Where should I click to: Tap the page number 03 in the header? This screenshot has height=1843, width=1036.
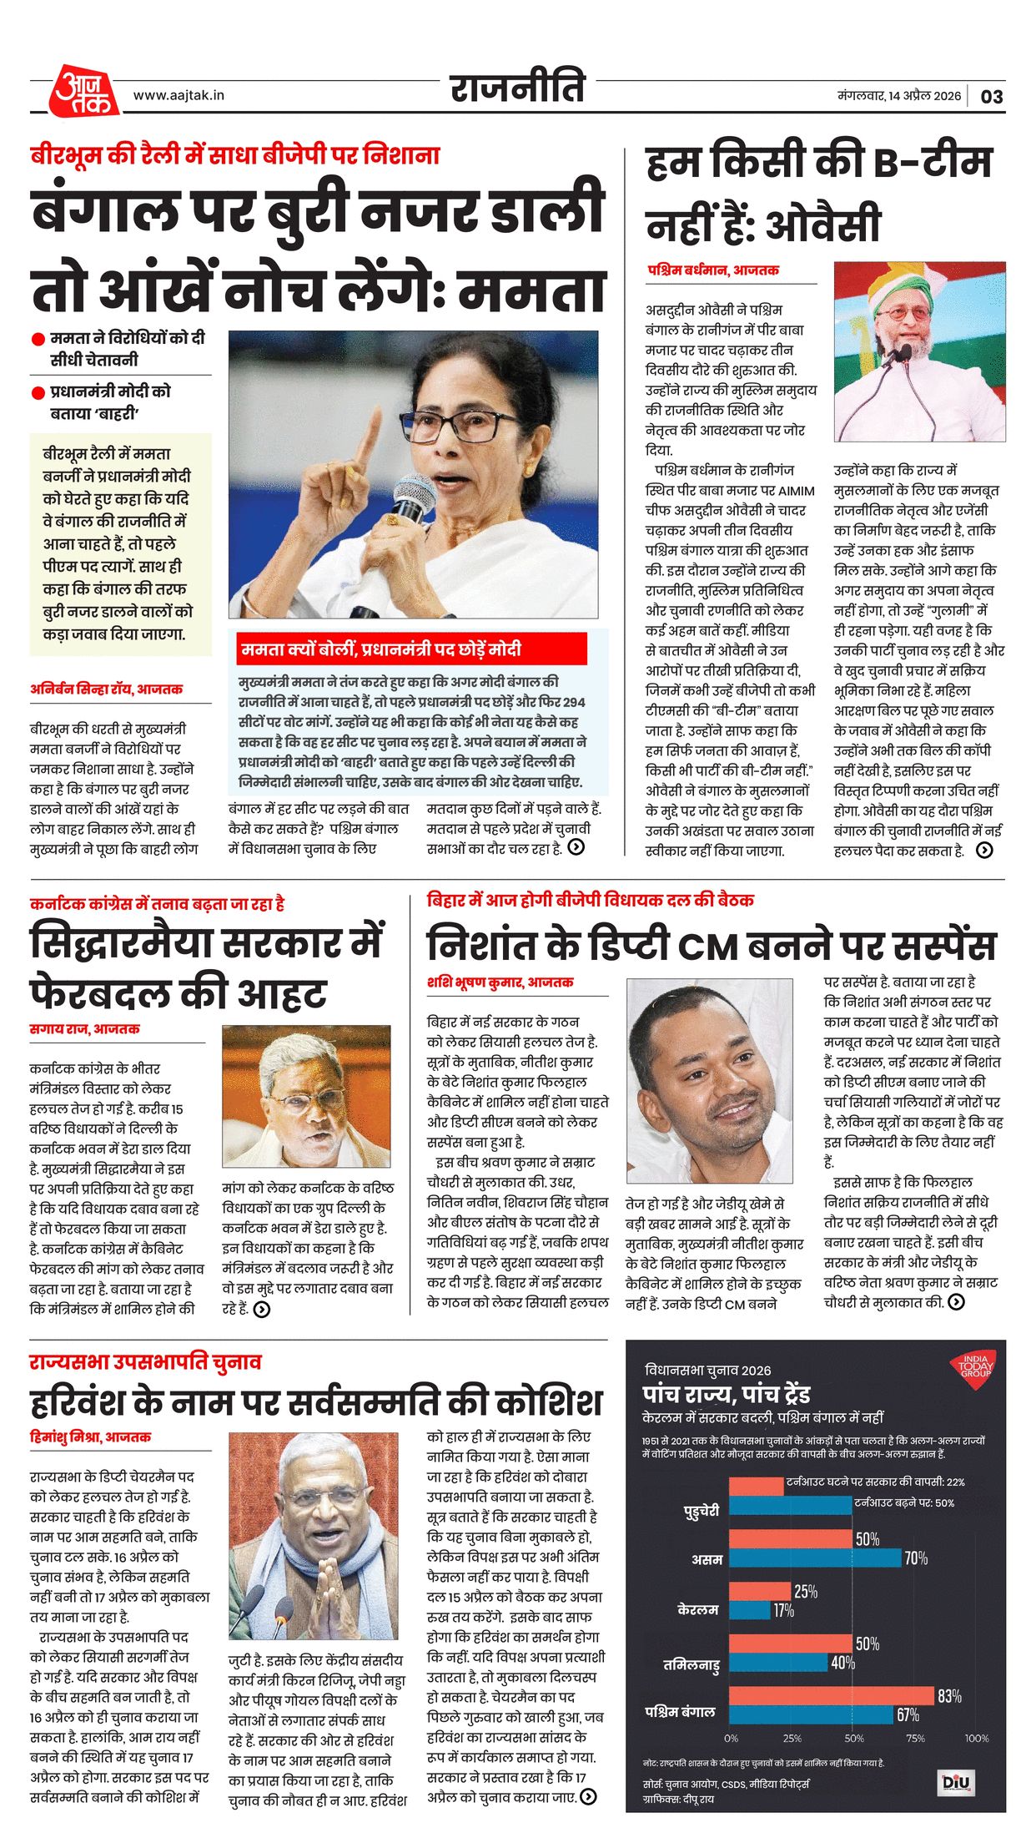[992, 97]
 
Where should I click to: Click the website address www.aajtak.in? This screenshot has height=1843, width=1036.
[179, 95]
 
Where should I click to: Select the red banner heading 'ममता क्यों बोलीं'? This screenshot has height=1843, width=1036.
[381, 649]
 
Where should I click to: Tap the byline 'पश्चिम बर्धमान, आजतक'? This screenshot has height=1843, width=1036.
[713, 270]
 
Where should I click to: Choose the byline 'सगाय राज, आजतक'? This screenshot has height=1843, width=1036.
[84, 1029]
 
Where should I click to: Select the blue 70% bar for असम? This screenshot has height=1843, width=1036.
[815, 1558]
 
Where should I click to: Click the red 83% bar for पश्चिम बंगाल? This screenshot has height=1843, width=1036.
[831, 1695]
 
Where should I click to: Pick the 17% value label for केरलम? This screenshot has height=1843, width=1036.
[783, 1610]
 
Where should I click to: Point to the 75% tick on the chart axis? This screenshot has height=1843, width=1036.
[915, 1738]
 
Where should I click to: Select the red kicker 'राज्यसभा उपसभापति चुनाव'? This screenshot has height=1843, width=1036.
[146, 1361]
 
